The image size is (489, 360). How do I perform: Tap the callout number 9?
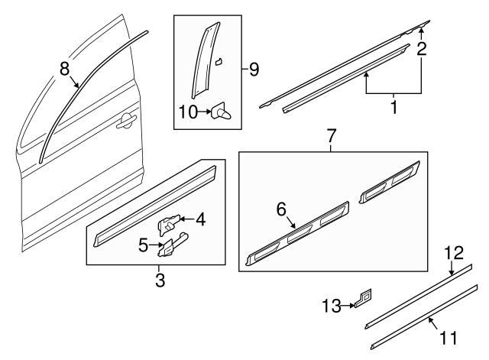coord(254,70)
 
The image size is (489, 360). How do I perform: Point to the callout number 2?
coord(421,50)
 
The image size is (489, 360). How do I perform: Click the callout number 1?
coord(393,107)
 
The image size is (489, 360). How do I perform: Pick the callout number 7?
coord(331,138)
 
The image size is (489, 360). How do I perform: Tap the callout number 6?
coord(280,209)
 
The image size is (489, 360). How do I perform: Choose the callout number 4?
coord(200,220)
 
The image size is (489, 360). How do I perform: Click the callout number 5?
coord(143,245)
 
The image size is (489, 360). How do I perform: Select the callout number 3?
coord(160,280)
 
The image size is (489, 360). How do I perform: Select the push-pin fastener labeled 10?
coord(224,114)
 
